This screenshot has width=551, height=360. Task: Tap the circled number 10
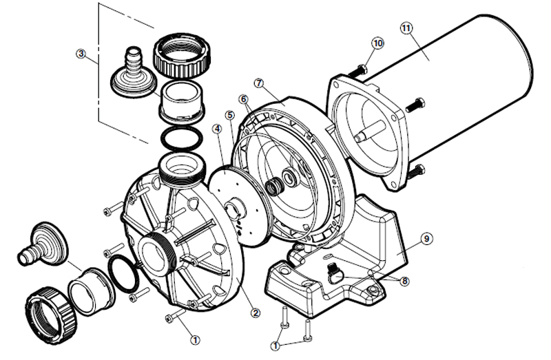(377, 43)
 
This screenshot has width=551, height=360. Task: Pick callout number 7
(258, 83)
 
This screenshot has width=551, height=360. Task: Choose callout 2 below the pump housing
(256, 313)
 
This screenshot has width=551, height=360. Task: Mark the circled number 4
(216, 128)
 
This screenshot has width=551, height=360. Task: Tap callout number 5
(229, 114)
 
